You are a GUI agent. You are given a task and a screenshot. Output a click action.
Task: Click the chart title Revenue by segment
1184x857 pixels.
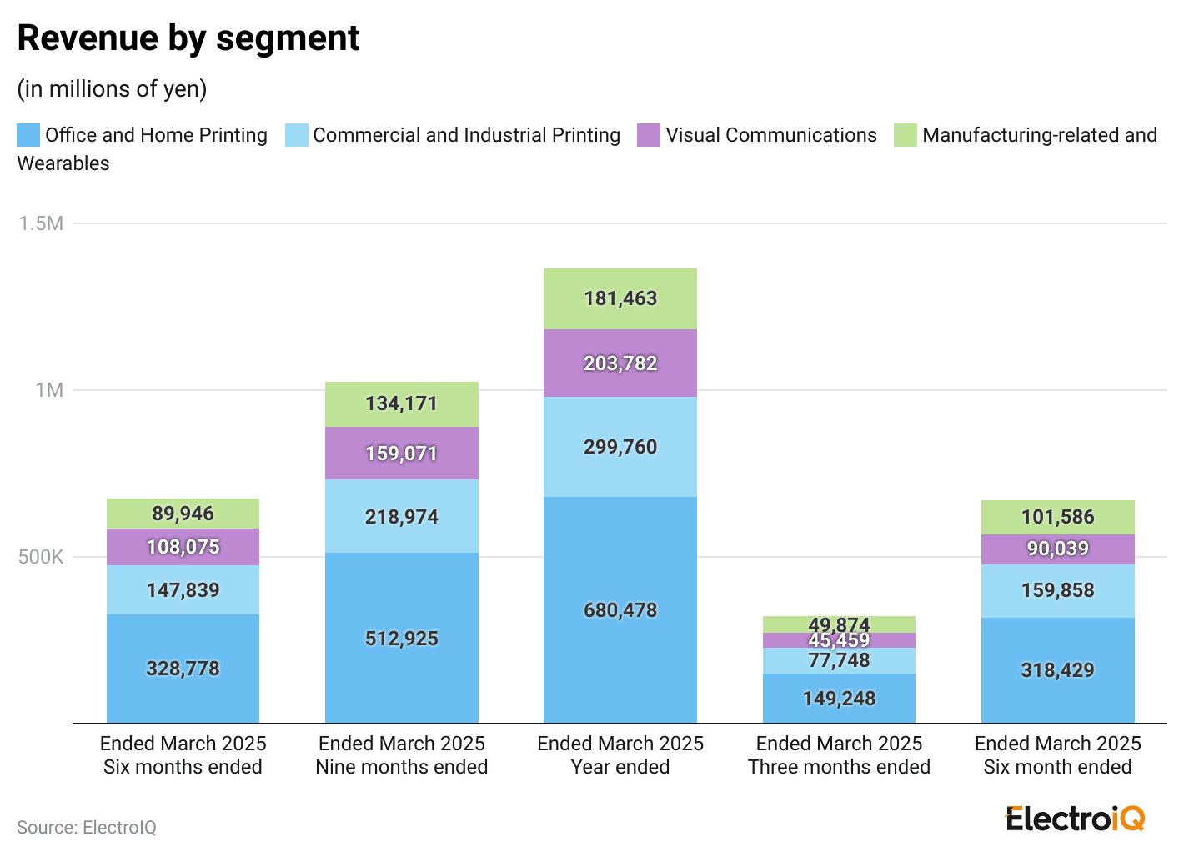(x=188, y=38)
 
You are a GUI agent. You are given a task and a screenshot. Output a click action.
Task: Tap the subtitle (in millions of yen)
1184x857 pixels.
(x=112, y=89)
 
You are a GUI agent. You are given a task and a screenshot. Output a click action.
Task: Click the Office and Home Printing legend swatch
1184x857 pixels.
(x=28, y=135)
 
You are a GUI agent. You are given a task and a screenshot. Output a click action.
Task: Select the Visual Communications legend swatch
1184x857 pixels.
(x=649, y=135)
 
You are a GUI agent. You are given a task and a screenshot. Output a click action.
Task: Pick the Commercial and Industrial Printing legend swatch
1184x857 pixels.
(x=296, y=135)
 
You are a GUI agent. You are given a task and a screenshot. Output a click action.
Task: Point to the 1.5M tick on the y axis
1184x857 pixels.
(x=41, y=223)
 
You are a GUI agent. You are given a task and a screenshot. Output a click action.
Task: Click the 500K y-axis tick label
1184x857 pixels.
(x=41, y=557)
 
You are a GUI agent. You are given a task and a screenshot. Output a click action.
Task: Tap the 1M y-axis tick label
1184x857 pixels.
(x=48, y=390)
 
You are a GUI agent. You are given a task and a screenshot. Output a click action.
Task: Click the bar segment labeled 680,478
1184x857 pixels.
(x=620, y=610)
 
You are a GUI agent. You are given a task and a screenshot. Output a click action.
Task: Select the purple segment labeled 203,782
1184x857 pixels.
(x=620, y=363)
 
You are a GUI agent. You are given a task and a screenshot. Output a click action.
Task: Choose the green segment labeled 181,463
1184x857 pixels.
(x=620, y=298)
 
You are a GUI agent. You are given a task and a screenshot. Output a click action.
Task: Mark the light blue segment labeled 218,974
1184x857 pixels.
(x=401, y=517)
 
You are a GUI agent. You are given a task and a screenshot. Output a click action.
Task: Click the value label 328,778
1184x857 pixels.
(x=183, y=669)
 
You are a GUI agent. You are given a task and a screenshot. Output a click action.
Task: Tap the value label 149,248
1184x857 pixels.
(x=839, y=699)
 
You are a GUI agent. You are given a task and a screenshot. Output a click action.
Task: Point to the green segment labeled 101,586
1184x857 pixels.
(x=1057, y=517)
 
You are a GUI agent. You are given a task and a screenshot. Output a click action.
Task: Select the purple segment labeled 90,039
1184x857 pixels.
(x=1057, y=549)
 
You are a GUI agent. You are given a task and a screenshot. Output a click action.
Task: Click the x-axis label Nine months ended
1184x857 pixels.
(x=401, y=767)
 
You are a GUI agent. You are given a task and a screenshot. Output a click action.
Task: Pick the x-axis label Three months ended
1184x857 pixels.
(x=839, y=767)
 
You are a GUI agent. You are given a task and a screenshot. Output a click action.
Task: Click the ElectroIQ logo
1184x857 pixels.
(x=1075, y=819)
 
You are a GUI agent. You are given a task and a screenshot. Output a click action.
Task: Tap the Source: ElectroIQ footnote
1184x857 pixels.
(x=87, y=828)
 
